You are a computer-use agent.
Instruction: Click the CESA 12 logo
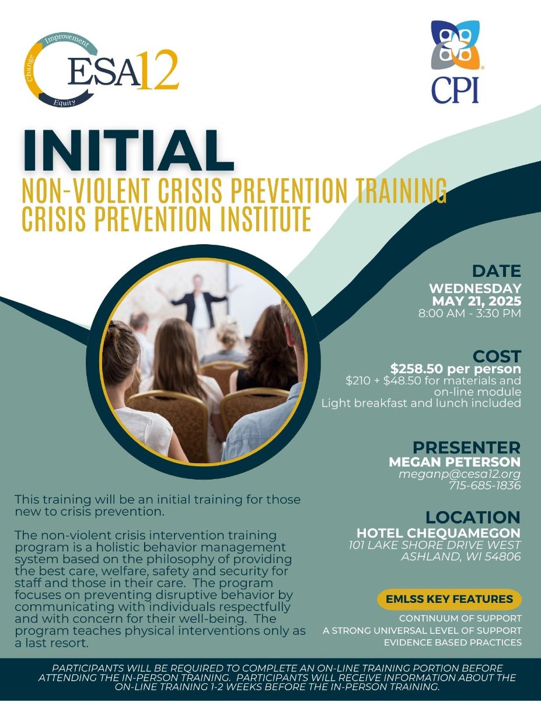coord(101,70)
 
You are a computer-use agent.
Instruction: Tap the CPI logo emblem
coord(455,44)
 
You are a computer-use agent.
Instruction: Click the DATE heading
coord(497,271)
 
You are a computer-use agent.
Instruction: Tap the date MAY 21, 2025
coord(477,301)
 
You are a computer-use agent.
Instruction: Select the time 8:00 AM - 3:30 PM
coord(469,313)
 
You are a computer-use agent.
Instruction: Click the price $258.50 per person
coord(456,369)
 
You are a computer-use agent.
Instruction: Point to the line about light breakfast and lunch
coord(421,403)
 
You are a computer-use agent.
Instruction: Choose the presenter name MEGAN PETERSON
coord(455,462)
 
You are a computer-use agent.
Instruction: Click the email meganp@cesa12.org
coord(459,474)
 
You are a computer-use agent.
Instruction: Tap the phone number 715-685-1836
coord(485,485)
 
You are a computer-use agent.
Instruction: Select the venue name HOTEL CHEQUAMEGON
coord(438,533)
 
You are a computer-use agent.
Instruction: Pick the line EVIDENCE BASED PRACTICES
coord(453,642)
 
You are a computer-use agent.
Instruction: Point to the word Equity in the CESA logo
coord(64,102)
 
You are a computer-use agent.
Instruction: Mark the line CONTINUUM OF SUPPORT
coord(460,619)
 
